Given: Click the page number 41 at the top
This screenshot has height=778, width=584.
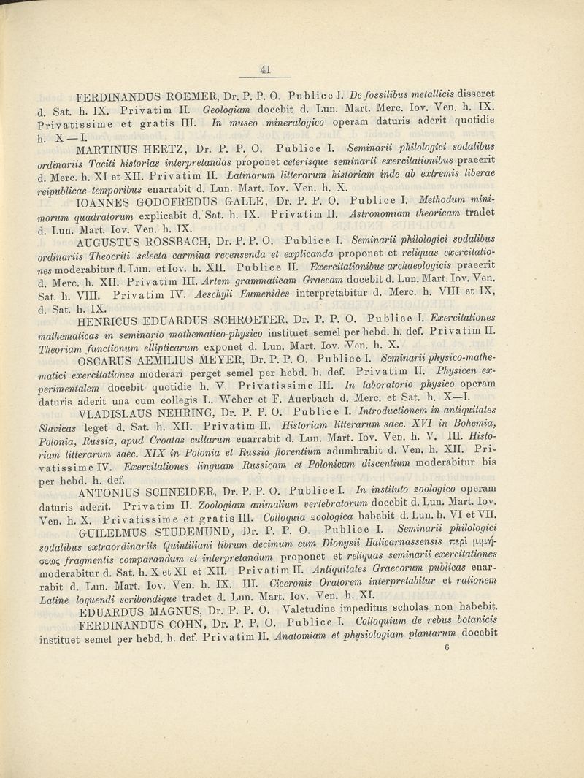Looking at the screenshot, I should tap(266, 70).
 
